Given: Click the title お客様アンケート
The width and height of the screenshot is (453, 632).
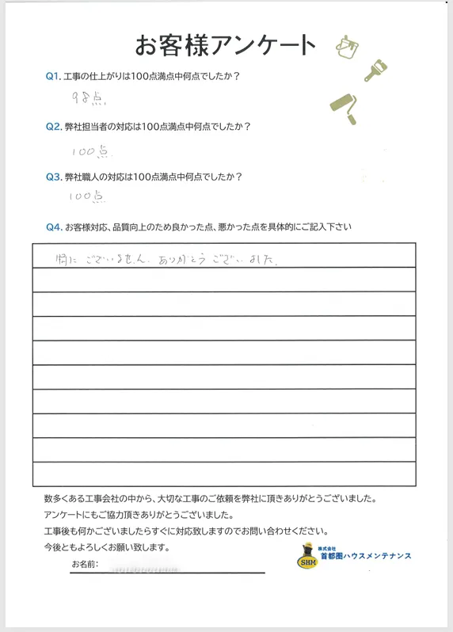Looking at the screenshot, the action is (x=226, y=44).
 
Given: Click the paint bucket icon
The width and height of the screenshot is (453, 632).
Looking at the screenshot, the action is (x=345, y=47).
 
